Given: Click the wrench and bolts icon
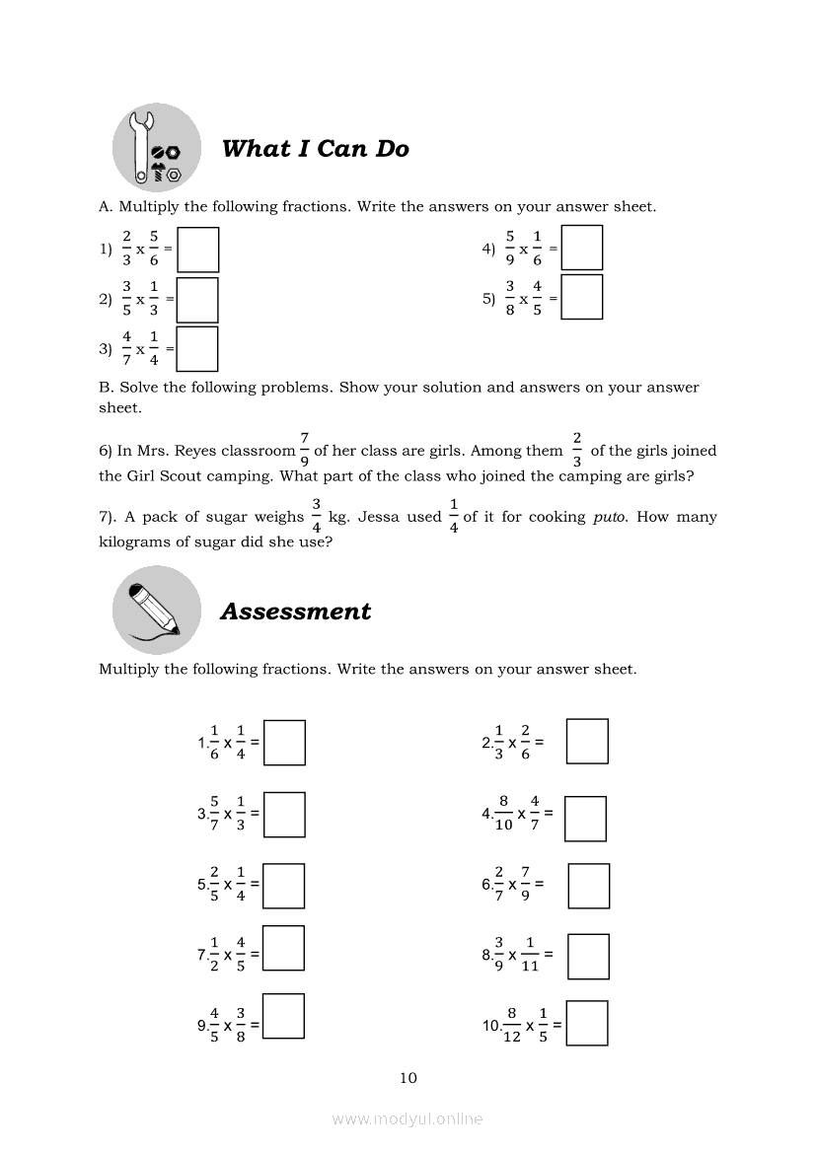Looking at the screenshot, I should pos(157,148).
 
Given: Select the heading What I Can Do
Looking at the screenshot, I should pos(315,149).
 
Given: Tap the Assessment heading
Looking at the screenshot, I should pos(295,612).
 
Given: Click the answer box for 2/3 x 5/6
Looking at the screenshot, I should pos(197,250).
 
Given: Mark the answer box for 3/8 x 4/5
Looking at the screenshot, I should pos(581,298).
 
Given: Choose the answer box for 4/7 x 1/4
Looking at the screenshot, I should pos(197,348).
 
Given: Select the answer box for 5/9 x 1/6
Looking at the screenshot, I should pos(581,249).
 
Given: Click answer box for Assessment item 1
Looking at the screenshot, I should pos(284,743).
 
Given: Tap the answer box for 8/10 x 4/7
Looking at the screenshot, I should pos(585,819).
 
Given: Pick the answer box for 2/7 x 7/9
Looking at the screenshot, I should pos(589,885).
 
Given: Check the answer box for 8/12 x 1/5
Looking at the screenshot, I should pos(587,1023).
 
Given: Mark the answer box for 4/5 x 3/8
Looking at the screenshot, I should pos(284,1016).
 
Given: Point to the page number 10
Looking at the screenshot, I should pos(408,1078).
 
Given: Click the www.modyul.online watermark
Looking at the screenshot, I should pos(407,1118).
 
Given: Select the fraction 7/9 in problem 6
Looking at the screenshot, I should pos(305,451).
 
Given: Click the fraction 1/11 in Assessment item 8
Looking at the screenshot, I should pos(530,954).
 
